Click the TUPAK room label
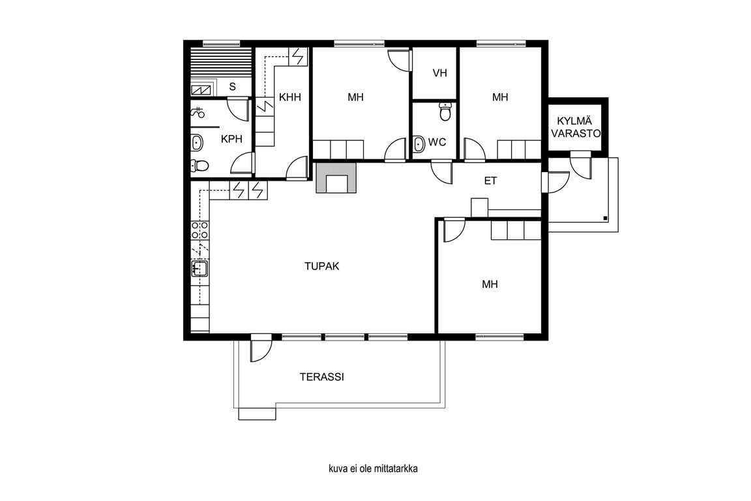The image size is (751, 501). pyautogui.click(x=322, y=266)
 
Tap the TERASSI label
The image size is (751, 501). pyautogui.click(x=322, y=377)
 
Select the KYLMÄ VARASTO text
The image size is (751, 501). pyautogui.click(x=575, y=127)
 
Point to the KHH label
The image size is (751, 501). pyautogui.click(x=290, y=97)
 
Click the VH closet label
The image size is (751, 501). pyautogui.click(x=439, y=73)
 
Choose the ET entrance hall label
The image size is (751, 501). pyautogui.click(x=490, y=181)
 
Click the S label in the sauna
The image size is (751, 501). pyautogui.click(x=232, y=87)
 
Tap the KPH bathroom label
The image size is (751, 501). pyautogui.click(x=231, y=139)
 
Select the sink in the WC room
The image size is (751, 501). pyautogui.click(x=419, y=144)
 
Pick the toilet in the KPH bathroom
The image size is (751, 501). pyautogui.click(x=199, y=166)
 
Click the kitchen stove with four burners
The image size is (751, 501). pyautogui.click(x=199, y=230)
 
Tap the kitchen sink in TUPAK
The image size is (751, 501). pyautogui.click(x=199, y=269)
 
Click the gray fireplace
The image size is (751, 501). pyautogui.click(x=336, y=178)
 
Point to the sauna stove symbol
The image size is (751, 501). pyautogui.click(x=201, y=89)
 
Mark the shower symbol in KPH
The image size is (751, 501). pyautogui.click(x=198, y=113)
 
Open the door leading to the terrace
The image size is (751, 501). pyautogui.click(x=261, y=348)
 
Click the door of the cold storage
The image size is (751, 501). pyautogui.click(x=580, y=166)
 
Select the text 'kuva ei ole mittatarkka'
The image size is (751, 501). pyautogui.click(x=373, y=468)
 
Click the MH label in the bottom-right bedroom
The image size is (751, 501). pyautogui.click(x=490, y=284)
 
